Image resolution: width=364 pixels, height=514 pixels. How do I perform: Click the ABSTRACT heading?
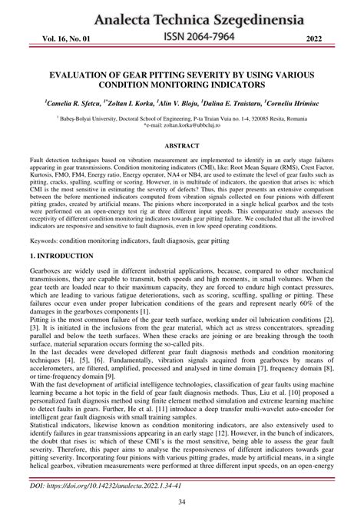pos(183,145)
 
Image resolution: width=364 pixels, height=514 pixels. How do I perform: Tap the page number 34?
pos(182,502)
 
